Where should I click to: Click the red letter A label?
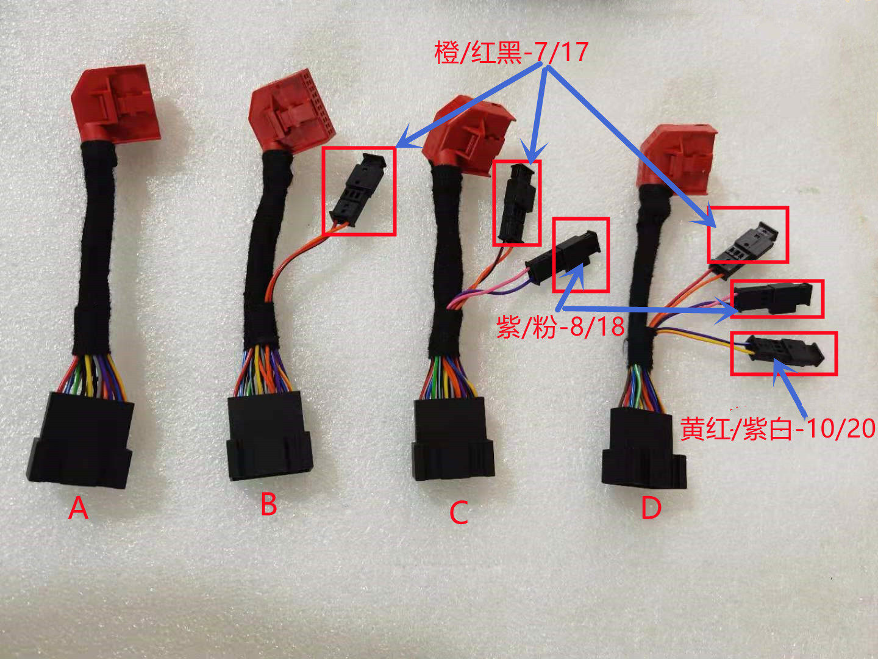[78, 508]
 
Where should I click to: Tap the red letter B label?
[269, 504]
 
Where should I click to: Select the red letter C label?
[459, 513]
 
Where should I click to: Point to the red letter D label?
[651, 508]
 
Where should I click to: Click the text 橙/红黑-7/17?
[511, 52]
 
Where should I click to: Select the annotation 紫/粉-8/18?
[560, 327]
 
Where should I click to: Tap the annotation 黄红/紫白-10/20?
[778, 428]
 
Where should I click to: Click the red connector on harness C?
[466, 134]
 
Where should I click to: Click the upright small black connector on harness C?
[517, 203]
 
